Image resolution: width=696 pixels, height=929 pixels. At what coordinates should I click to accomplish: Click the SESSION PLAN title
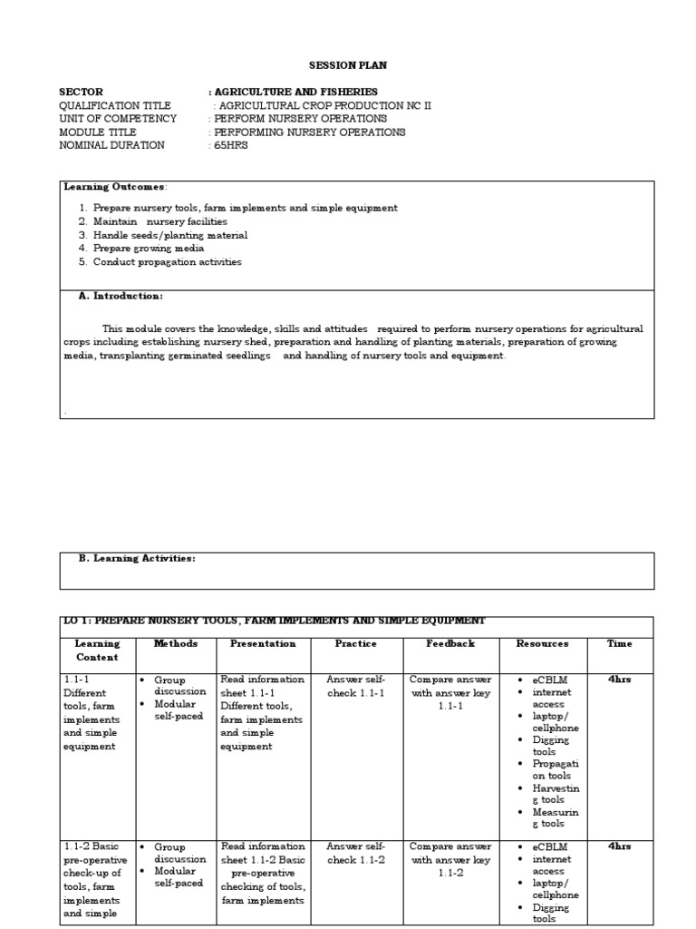click(x=348, y=65)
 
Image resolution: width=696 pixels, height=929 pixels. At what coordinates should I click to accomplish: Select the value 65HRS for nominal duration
click(x=230, y=145)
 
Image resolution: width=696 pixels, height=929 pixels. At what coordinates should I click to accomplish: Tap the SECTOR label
click(x=81, y=92)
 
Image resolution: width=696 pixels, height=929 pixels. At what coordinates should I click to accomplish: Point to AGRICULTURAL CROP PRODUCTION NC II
click(x=323, y=105)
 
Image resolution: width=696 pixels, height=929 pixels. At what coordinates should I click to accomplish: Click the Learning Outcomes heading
click(x=114, y=187)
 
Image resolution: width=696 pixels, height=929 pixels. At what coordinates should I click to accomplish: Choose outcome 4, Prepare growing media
click(x=149, y=249)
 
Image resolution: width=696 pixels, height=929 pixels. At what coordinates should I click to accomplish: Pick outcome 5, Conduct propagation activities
click(x=167, y=262)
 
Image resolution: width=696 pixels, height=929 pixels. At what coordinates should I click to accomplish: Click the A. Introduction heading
click(x=121, y=296)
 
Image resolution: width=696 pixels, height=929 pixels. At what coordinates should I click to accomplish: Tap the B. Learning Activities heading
click(x=136, y=559)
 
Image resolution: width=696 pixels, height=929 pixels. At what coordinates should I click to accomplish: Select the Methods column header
click(x=175, y=643)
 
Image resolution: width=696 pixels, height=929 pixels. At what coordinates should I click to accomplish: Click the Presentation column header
click(x=263, y=643)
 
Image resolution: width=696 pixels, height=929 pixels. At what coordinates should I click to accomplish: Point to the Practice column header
click(x=356, y=643)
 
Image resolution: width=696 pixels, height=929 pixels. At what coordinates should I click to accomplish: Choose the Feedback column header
click(x=450, y=643)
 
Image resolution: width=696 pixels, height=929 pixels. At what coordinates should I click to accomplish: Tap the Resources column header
click(x=542, y=643)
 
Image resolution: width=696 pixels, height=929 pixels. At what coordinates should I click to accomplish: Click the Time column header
click(x=620, y=643)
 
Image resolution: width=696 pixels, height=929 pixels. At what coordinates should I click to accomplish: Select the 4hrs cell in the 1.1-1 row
click(x=620, y=680)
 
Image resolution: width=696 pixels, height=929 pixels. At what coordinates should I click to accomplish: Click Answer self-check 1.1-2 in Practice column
click(x=356, y=853)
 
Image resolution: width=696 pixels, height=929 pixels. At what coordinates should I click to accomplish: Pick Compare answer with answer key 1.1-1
click(x=450, y=692)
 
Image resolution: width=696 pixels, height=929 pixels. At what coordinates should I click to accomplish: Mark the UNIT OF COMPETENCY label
click(x=118, y=119)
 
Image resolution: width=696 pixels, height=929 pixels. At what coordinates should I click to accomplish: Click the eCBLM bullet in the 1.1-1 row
click(x=549, y=680)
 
